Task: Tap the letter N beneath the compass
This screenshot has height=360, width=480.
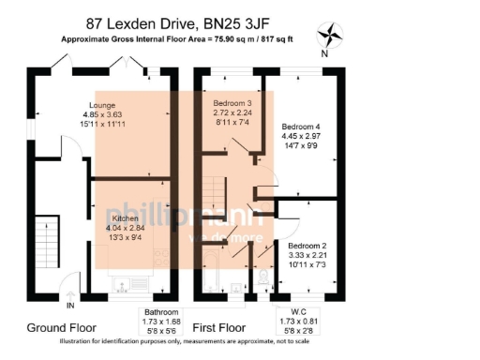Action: tap(323, 54)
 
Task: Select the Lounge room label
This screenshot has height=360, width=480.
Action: tap(102, 104)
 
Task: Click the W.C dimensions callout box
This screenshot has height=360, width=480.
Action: tap(299, 322)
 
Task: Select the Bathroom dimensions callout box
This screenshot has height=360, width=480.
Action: tap(166, 322)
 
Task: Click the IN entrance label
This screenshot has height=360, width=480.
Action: tap(70, 306)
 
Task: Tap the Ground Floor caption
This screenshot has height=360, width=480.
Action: tap(58, 328)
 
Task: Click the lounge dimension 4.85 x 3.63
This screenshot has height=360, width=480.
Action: tap(102, 114)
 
